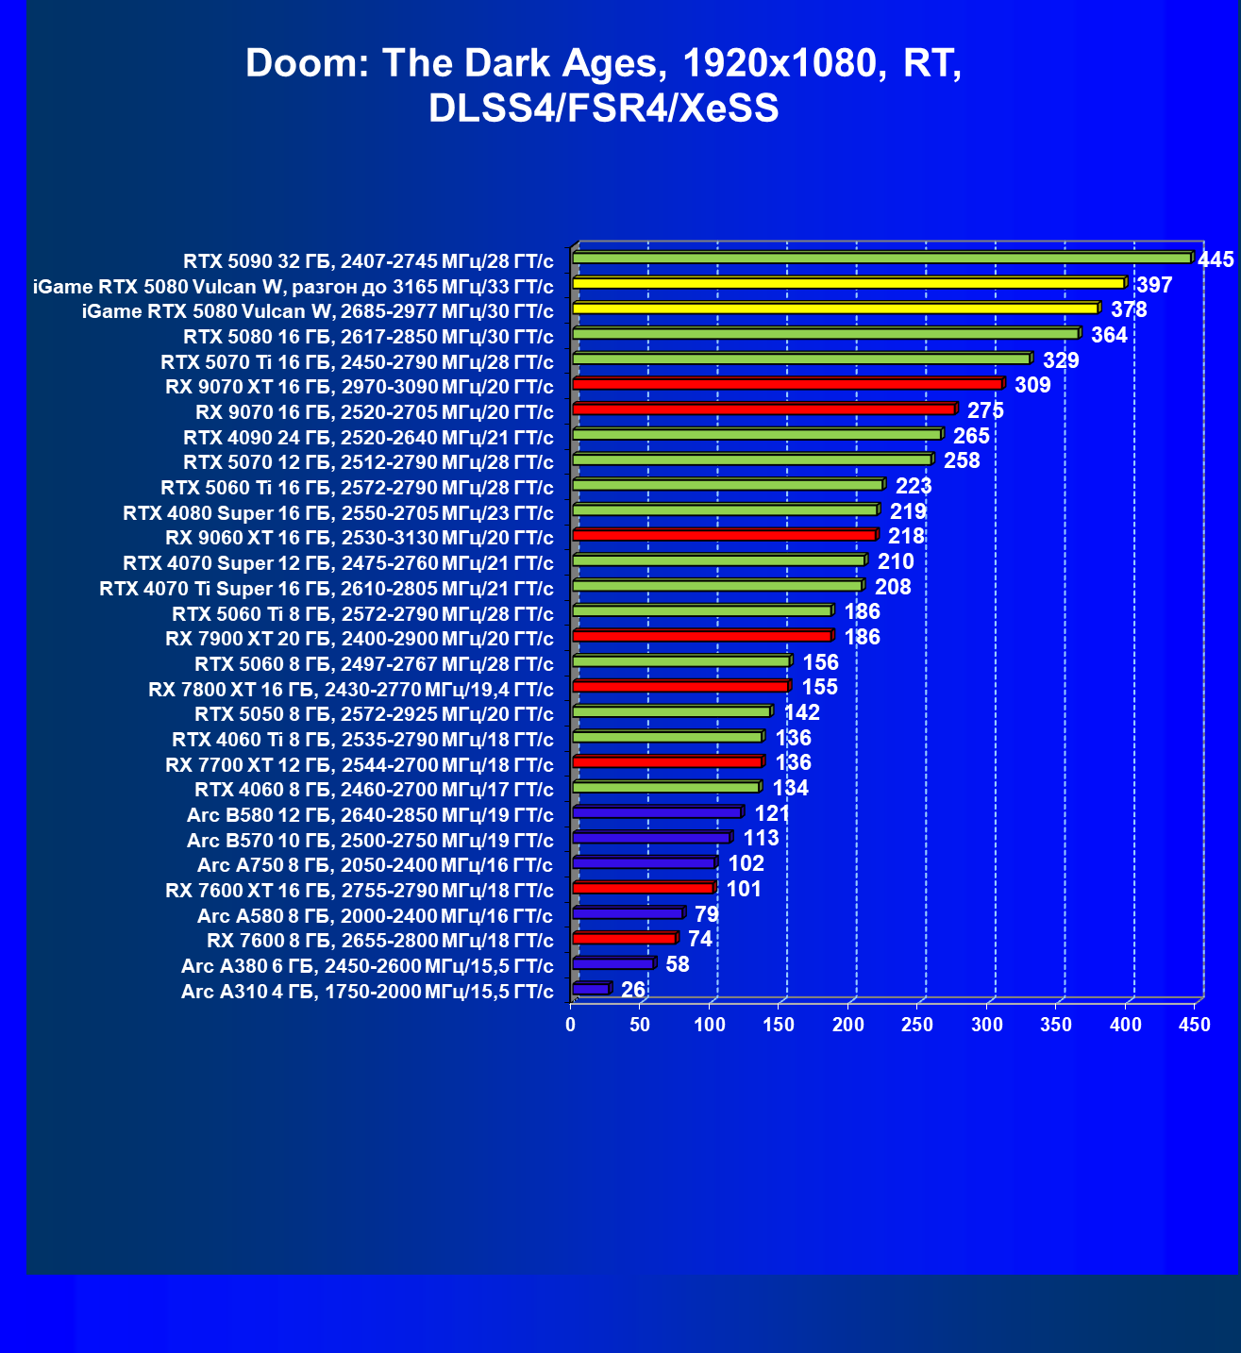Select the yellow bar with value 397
click(847, 283)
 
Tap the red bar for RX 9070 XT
click(787, 384)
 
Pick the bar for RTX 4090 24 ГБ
click(756, 434)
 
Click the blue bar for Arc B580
click(657, 812)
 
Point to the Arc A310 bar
click(591, 989)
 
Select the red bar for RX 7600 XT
click(643, 888)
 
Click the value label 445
click(1216, 259)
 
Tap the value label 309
click(1032, 385)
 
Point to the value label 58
click(677, 964)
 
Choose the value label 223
click(914, 486)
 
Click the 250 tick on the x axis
click(917, 1025)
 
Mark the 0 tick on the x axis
click(571, 1025)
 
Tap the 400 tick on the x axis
click(1126, 1025)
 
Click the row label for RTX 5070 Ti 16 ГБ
click(357, 362)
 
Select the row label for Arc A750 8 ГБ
click(375, 865)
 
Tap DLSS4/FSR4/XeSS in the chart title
click(604, 109)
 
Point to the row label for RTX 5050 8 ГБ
click(374, 714)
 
